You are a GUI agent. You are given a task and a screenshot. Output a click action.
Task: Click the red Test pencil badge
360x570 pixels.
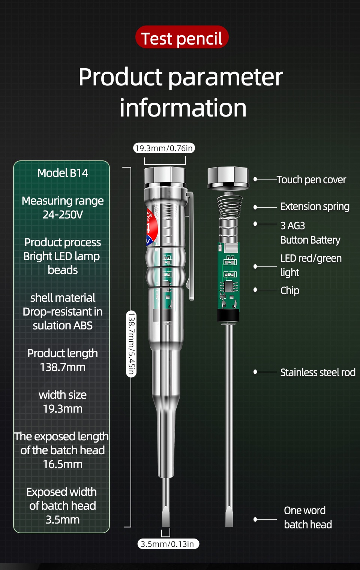[182, 37]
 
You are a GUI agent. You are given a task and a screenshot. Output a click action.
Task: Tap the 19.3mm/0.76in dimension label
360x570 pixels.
[164, 148]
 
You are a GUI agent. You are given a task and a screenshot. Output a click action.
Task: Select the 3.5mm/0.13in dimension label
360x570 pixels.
[168, 544]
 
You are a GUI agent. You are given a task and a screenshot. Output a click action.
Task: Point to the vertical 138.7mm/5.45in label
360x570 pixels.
[131, 343]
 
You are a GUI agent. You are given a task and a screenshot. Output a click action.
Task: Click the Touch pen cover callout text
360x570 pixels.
[311, 180]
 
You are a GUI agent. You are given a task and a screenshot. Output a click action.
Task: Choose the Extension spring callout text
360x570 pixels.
[315, 207]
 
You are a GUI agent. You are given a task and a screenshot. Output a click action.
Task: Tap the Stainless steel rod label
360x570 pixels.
[318, 373]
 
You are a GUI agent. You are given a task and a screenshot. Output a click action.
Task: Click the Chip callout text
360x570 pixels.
[290, 290]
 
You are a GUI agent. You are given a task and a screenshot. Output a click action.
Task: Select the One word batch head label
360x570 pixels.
[307, 518]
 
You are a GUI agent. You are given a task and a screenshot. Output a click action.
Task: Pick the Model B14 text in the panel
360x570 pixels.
[63, 173]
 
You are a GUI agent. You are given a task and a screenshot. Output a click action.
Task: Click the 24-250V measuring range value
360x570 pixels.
[63, 215]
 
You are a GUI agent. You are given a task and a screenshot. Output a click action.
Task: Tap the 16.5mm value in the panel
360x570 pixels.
[63, 464]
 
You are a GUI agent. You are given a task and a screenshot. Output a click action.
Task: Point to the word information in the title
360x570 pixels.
[183, 108]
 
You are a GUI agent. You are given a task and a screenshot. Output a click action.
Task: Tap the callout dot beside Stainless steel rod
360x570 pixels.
[255, 372]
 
